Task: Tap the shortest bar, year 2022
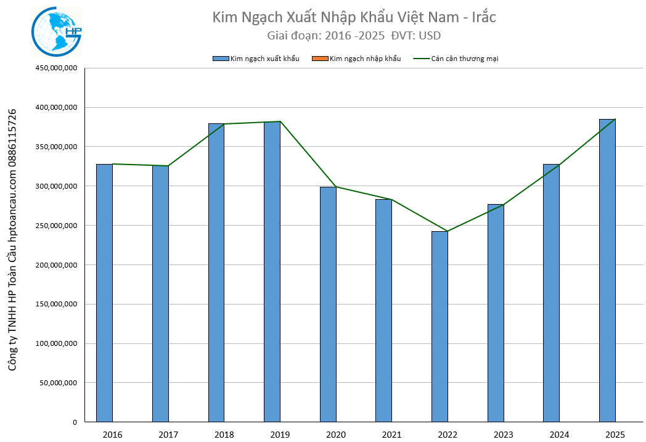pyautogui.click(x=440, y=327)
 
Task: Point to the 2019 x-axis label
pyautogui.click(x=280, y=435)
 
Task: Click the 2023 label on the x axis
pyautogui.click(x=503, y=435)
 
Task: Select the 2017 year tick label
pyautogui.click(x=168, y=435)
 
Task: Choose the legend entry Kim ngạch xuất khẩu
pyautogui.click(x=264, y=59)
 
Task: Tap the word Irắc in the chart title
pyautogui.click(x=483, y=17)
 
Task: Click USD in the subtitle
pyautogui.click(x=429, y=36)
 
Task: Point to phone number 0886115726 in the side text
pyautogui.click(x=12, y=137)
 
